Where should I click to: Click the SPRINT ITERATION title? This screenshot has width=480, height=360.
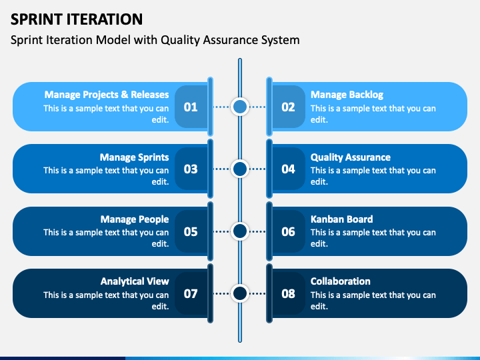click(77, 19)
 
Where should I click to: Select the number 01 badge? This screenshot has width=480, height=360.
click(191, 107)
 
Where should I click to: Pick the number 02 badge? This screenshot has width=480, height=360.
click(288, 107)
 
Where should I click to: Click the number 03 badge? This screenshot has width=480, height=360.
click(191, 169)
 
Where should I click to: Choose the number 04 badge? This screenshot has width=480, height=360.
click(288, 169)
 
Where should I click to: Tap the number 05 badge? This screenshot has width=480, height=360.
click(191, 231)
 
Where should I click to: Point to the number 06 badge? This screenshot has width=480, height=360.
click(288, 231)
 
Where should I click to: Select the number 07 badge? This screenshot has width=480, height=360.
click(191, 293)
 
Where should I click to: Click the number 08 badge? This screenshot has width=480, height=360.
click(288, 293)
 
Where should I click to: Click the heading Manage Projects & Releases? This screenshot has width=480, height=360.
click(107, 95)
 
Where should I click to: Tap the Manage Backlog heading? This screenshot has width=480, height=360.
click(347, 95)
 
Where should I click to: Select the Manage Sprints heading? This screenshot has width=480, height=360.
click(135, 157)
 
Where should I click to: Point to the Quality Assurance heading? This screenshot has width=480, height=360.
click(351, 157)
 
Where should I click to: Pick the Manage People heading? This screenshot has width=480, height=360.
click(135, 219)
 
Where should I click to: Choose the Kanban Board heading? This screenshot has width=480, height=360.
click(341, 219)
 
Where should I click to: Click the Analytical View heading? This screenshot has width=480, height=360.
click(135, 281)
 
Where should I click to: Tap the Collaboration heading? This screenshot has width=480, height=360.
click(341, 281)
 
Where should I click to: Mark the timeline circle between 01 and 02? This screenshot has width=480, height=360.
click(240, 107)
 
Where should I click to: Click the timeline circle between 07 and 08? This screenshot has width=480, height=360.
click(240, 293)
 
